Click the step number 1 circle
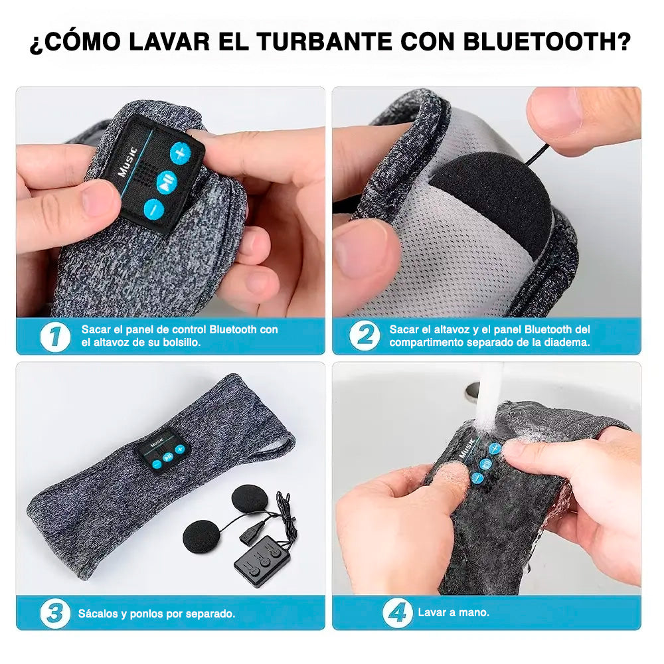55,336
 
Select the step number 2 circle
364,336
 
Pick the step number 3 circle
54,614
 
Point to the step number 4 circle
398,613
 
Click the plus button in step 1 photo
179,154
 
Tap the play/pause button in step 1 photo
167,181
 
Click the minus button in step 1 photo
153,208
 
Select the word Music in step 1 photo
127,160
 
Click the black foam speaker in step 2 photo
490,199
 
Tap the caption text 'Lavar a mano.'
453,613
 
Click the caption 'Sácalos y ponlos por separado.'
157,614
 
